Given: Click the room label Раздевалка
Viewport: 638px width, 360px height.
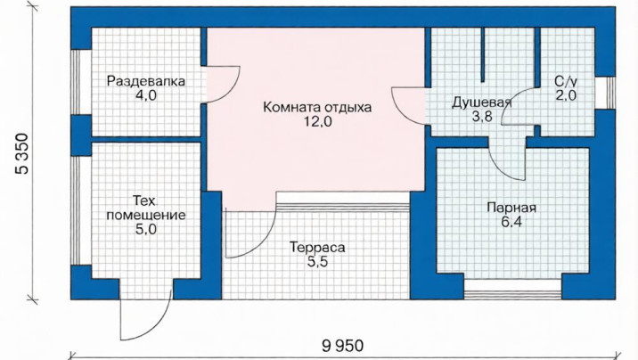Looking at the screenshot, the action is pyautogui.click(x=145, y=81).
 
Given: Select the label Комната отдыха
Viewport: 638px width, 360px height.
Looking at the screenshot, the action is pyautogui.click(x=317, y=108).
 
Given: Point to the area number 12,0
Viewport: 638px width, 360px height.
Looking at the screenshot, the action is pyautogui.click(x=318, y=121).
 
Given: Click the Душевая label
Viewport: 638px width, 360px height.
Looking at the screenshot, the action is pyautogui.click(x=481, y=102).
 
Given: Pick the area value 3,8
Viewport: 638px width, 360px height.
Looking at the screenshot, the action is pyautogui.click(x=482, y=117).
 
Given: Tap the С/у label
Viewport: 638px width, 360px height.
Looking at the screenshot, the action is pyautogui.click(x=566, y=81).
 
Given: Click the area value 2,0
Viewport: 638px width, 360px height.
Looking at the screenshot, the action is pyautogui.click(x=566, y=95).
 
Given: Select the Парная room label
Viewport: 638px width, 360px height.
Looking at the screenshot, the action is pyautogui.click(x=511, y=208).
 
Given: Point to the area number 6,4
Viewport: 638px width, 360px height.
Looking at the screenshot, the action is pyautogui.click(x=511, y=222).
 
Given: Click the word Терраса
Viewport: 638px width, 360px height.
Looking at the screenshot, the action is pyautogui.click(x=317, y=248).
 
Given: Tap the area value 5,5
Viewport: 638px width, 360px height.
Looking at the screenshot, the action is pyautogui.click(x=317, y=262).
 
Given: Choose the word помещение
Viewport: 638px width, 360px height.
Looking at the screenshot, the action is pyautogui.click(x=146, y=215).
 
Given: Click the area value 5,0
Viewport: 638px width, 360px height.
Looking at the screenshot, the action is pyautogui.click(x=146, y=229).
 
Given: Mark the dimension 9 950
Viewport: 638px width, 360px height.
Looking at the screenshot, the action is pyautogui.click(x=342, y=346).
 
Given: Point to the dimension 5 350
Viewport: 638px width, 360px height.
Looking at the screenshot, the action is pyautogui.click(x=22, y=154).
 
